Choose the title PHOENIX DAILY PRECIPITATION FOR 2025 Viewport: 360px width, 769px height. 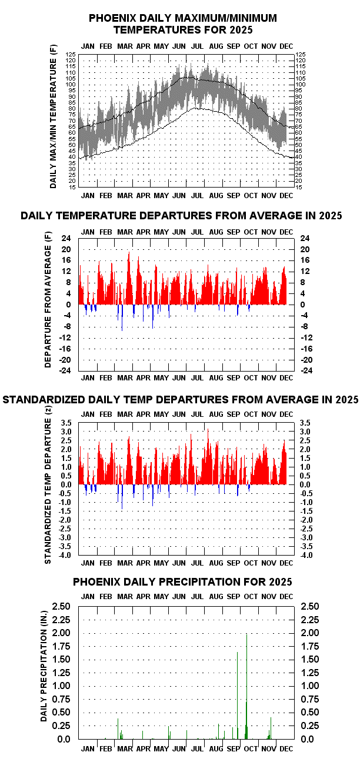(182, 582)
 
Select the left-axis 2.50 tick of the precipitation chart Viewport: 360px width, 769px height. (63, 606)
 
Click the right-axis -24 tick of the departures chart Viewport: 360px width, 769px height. (306, 370)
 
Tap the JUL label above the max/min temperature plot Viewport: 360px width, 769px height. (198, 46)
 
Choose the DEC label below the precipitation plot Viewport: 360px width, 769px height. (285, 748)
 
